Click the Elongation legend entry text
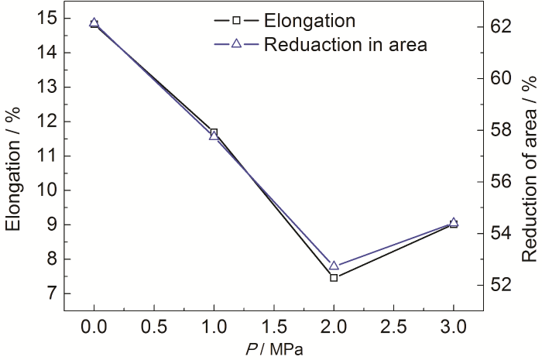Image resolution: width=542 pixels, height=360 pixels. point(309,19)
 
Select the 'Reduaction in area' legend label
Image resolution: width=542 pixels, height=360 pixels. point(345,44)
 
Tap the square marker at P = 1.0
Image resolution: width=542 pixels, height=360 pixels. point(214,132)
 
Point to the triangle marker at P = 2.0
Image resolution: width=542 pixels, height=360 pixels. point(334,266)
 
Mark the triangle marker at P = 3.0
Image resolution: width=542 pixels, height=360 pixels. point(454,223)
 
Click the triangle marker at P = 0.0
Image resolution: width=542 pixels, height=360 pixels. point(94,23)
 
